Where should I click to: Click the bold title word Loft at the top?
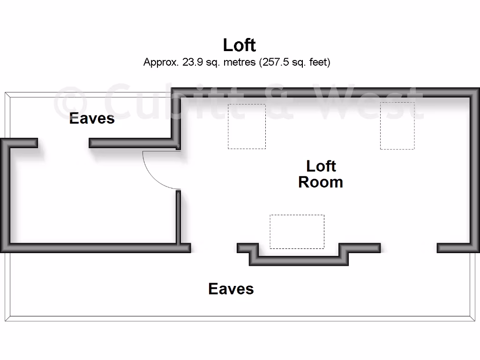point(239,45)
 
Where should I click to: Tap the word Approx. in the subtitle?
point(160,62)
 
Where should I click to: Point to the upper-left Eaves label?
point(92,118)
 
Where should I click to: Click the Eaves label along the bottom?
point(231,289)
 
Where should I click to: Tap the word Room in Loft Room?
point(321,182)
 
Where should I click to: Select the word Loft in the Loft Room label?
point(321,166)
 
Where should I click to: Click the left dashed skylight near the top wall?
point(247,127)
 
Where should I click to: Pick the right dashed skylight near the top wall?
point(397,126)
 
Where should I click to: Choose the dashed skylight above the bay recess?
point(297,232)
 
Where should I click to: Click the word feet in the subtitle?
point(319,62)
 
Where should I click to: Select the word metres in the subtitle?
point(239,62)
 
